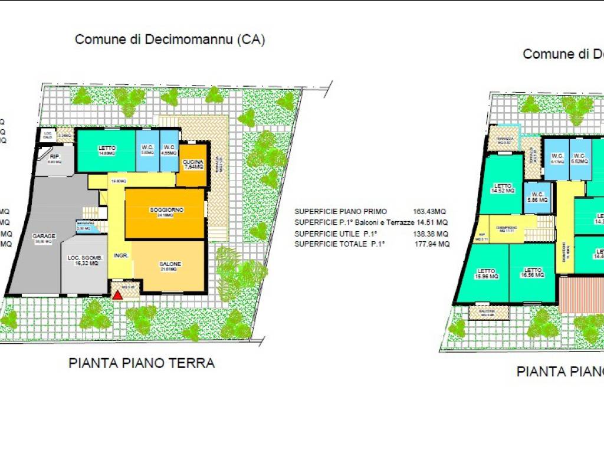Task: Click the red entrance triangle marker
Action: (118, 293)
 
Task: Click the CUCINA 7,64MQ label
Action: (193, 164)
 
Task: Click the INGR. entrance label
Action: (122, 255)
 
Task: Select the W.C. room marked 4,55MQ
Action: (169, 150)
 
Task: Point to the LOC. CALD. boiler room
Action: (48, 135)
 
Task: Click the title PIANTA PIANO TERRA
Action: (142, 363)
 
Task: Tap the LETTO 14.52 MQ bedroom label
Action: (503, 188)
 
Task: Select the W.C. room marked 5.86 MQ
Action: (537, 197)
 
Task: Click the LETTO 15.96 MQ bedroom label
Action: (487, 273)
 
